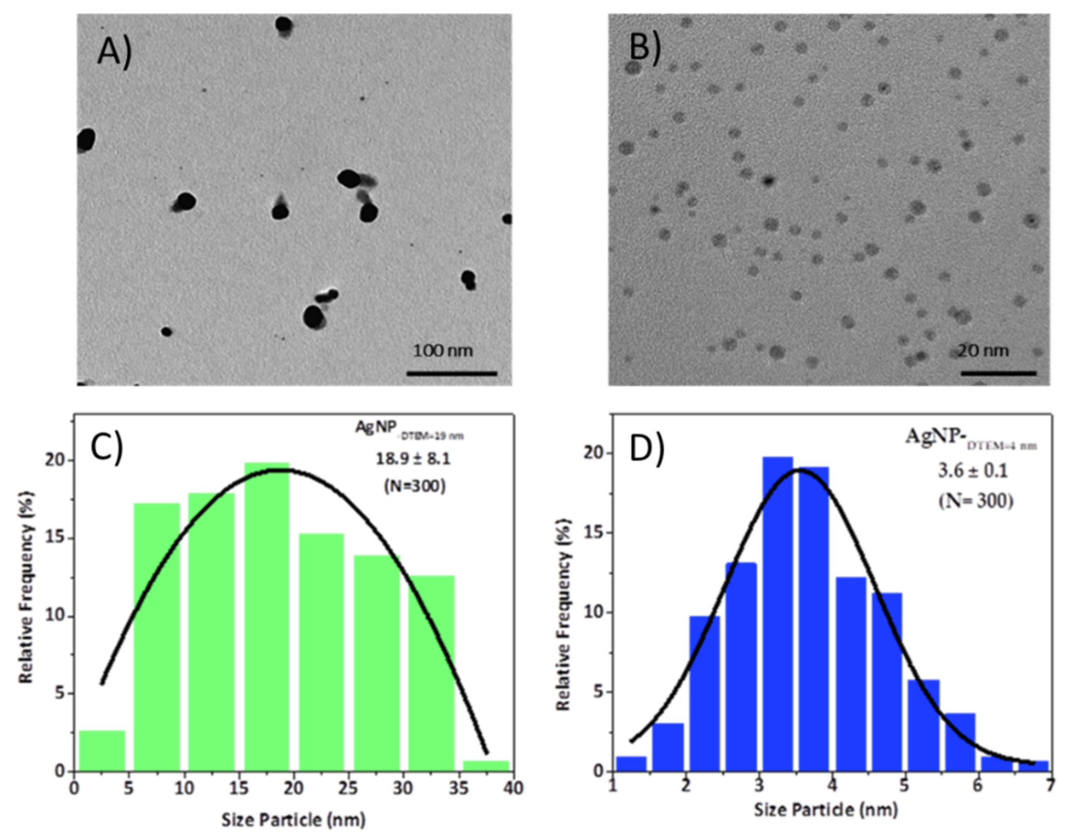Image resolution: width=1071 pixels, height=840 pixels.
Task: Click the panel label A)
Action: tap(114, 51)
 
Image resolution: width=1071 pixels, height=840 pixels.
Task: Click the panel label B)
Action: tap(645, 49)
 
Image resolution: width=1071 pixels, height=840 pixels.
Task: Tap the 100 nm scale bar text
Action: tap(442, 351)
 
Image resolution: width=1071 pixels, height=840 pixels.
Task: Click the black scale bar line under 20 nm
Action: tap(998, 373)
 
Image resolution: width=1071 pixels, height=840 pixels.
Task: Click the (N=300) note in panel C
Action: tap(414, 486)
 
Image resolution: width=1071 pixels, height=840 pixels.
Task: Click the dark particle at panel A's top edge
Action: tap(284, 24)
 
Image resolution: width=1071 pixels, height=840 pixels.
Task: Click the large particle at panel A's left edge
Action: tap(86, 140)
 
